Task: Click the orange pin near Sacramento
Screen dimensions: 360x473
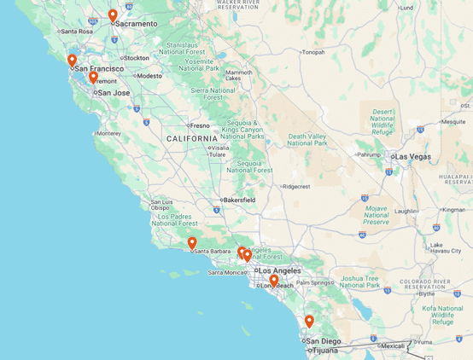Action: click(113, 15)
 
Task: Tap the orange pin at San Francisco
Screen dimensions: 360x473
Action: click(72, 61)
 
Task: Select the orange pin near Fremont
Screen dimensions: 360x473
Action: click(93, 78)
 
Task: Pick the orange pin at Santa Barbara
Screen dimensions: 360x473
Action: click(192, 243)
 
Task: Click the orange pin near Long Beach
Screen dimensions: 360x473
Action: click(273, 280)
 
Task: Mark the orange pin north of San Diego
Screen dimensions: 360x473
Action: click(309, 322)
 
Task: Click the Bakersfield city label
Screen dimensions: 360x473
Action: click(237, 200)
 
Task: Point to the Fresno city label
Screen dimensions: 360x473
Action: click(200, 125)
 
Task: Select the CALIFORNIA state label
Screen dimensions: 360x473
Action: click(192, 138)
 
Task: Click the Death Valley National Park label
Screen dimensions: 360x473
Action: click(308, 139)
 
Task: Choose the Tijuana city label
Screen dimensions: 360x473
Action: click(324, 351)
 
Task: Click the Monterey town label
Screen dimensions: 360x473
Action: click(108, 133)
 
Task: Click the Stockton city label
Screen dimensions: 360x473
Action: click(137, 58)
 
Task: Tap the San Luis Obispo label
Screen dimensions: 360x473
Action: click(161, 205)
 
